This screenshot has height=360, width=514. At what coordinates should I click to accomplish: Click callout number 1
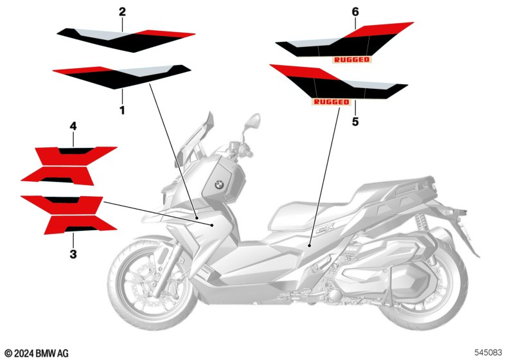pyautogui.click(x=122, y=110)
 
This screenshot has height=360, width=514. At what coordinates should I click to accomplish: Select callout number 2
pyautogui.click(x=122, y=12)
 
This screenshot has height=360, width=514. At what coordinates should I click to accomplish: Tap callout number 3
pyautogui.click(x=73, y=254)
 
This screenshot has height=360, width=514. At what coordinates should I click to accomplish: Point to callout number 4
pyautogui.click(x=73, y=126)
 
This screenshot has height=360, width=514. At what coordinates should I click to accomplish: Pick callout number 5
pyautogui.click(x=355, y=122)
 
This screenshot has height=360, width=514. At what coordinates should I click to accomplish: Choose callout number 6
pyautogui.click(x=355, y=12)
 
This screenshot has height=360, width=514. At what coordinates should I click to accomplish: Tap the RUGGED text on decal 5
pyautogui.click(x=332, y=102)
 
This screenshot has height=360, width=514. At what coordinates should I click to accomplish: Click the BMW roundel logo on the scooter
pyautogui.click(x=219, y=184)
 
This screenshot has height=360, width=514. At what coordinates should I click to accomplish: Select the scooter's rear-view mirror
pyautogui.click(x=253, y=122)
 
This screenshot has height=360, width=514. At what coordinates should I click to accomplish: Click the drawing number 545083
pyautogui.click(x=488, y=352)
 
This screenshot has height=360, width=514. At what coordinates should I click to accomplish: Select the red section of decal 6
pyautogui.click(x=377, y=30)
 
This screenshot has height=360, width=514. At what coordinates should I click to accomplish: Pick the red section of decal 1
pyautogui.click(x=84, y=70)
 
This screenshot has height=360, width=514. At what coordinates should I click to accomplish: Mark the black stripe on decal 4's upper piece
pyautogui.click(x=76, y=151)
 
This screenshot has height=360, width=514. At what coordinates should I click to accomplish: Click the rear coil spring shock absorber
pyautogui.click(x=422, y=223)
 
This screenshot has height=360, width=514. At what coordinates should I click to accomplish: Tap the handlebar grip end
pyautogui.click(x=249, y=153)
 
